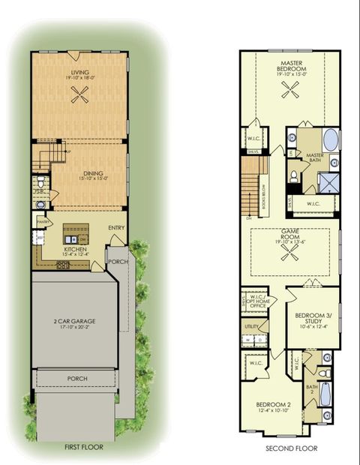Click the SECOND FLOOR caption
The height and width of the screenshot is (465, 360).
[291, 448]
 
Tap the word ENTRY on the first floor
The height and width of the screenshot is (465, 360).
[116, 229]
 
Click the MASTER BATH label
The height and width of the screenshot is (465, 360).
[314, 156]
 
